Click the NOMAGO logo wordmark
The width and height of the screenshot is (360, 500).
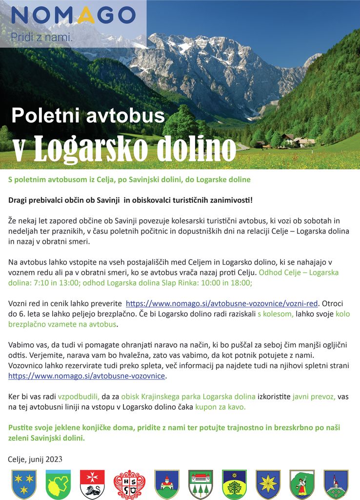tap(73, 16)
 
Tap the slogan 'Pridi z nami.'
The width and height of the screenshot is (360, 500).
tap(41, 37)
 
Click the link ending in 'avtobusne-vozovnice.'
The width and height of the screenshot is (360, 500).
tap(87, 376)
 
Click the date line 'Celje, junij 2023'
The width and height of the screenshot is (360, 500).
tap(36, 459)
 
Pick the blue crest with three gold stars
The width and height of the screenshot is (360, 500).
tap(24, 484)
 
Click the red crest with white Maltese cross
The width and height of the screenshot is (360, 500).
tap(92, 484)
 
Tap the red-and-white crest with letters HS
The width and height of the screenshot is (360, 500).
tap(129, 484)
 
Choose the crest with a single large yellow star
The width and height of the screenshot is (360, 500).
tap(268, 484)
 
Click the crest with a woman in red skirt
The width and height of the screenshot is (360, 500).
tap(302, 484)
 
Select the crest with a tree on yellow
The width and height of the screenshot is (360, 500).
tap(234, 484)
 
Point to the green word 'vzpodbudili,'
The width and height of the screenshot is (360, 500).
tap(79, 396)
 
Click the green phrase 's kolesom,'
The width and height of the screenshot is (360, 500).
tap(276, 314)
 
